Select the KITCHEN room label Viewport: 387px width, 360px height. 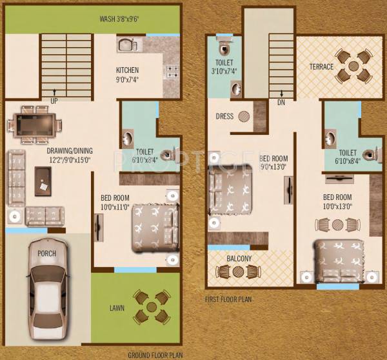128,70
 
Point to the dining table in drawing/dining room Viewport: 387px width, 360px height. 34,123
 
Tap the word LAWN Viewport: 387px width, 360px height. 115,308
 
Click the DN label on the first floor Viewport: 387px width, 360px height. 281,101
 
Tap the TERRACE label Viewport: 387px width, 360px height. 321,67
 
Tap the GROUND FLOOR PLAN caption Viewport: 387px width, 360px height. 155,355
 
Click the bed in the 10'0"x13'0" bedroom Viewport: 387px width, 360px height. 337,262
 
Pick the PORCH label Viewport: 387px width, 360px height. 46,253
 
